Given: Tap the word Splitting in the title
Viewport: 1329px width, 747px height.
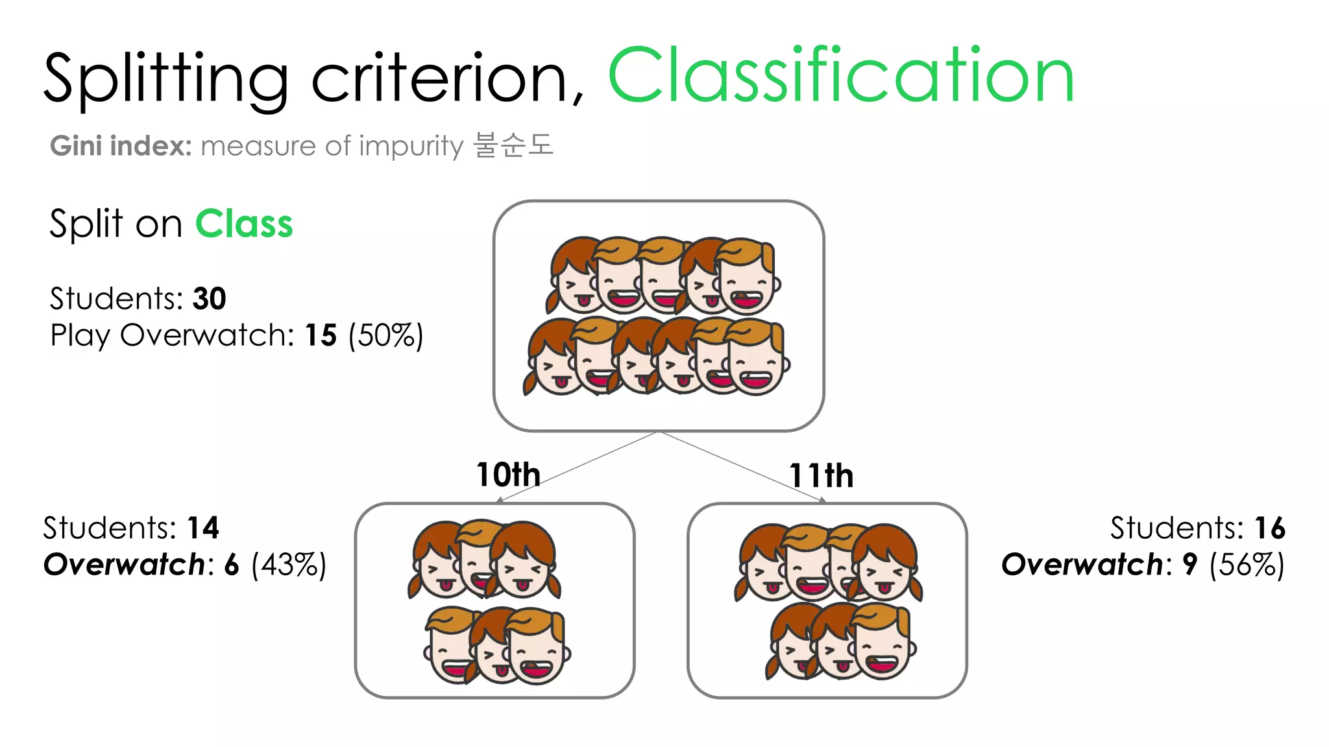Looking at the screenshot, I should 166,79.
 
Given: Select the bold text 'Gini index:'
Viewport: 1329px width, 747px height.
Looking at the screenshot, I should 121,146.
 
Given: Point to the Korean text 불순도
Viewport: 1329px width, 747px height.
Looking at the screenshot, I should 513,145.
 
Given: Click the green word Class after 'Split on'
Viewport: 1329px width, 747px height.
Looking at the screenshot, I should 244,224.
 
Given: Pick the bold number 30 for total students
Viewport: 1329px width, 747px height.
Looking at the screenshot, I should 209,299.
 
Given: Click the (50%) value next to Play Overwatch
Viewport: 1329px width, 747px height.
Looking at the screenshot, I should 385,336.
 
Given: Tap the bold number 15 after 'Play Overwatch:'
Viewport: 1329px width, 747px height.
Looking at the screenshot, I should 321,336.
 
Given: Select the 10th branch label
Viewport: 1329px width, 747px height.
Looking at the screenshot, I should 508,475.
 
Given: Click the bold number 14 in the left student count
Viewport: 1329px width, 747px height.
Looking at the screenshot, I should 203,528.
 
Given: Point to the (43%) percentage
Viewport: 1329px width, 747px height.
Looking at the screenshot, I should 289,565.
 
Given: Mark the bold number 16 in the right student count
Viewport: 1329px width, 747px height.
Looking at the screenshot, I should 1269,528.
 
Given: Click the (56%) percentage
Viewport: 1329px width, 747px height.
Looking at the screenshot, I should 1247,565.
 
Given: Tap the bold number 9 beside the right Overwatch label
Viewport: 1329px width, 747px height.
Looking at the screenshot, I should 1189,565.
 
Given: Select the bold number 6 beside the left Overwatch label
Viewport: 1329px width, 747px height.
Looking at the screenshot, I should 232,565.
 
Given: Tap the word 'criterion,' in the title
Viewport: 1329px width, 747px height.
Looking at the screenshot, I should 448,79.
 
